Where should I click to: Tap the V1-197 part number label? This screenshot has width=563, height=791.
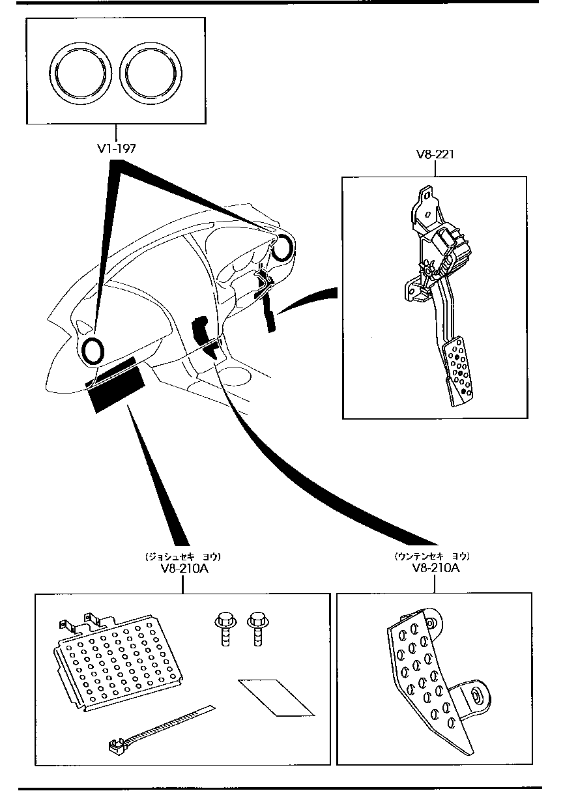point(117,149)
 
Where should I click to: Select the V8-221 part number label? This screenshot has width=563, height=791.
point(435,155)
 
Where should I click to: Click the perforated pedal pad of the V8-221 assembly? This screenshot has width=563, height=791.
point(459,368)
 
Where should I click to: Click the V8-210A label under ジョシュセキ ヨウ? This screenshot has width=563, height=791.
point(183,568)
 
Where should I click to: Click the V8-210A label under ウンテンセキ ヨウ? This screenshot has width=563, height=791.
point(436,568)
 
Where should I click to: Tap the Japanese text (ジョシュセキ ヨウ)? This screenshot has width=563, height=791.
point(183,556)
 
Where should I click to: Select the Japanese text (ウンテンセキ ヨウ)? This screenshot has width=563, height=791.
point(432,556)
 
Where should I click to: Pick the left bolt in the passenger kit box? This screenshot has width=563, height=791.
point(224,627)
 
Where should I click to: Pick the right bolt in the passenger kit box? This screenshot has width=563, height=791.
point(256,627)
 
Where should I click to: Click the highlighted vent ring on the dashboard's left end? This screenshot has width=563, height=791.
point(93,351)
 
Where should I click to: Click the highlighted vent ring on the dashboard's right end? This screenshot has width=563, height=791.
point(283,248)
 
